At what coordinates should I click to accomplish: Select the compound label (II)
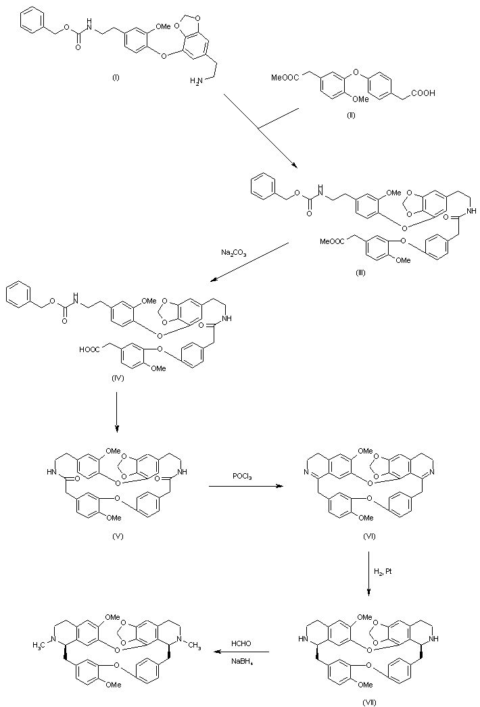pos(351,116)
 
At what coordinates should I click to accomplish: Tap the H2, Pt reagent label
pos(383,572)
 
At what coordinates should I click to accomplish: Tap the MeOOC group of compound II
pos(285,78)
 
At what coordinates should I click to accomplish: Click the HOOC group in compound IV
pos(91,349)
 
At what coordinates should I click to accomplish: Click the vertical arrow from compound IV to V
pos(118,409)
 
